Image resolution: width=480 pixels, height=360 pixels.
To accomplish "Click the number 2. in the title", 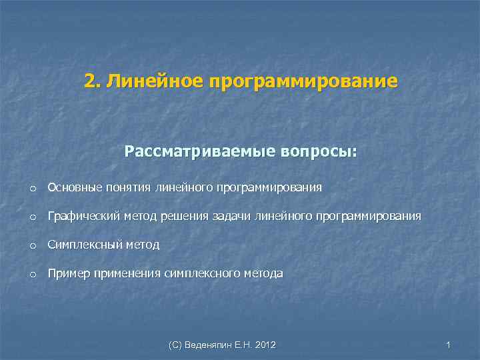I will pyautogui.click(x=92, y=81).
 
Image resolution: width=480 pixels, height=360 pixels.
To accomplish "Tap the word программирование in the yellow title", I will pyautogui.click(x=303, y=81).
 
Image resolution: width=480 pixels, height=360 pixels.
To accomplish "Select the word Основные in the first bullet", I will pyautogui.click(x=73, y=188).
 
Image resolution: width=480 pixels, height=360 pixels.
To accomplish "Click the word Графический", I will pyautogui.click(x=83, y=217).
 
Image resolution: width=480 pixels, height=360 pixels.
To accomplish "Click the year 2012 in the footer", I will pyautogui.click(x=265, y=345).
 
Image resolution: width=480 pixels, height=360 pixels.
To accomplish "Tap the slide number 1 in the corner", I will pyautogui.click(x=449, y=345).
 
